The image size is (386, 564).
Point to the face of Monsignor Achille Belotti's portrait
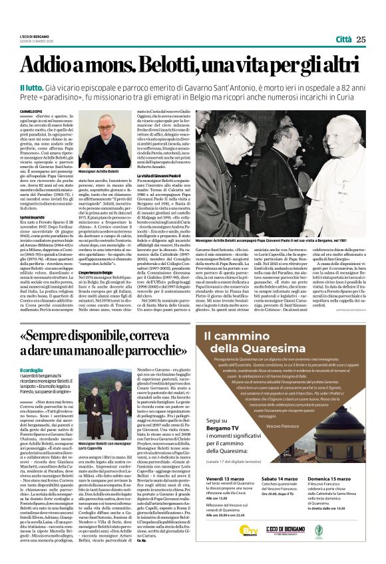104,130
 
